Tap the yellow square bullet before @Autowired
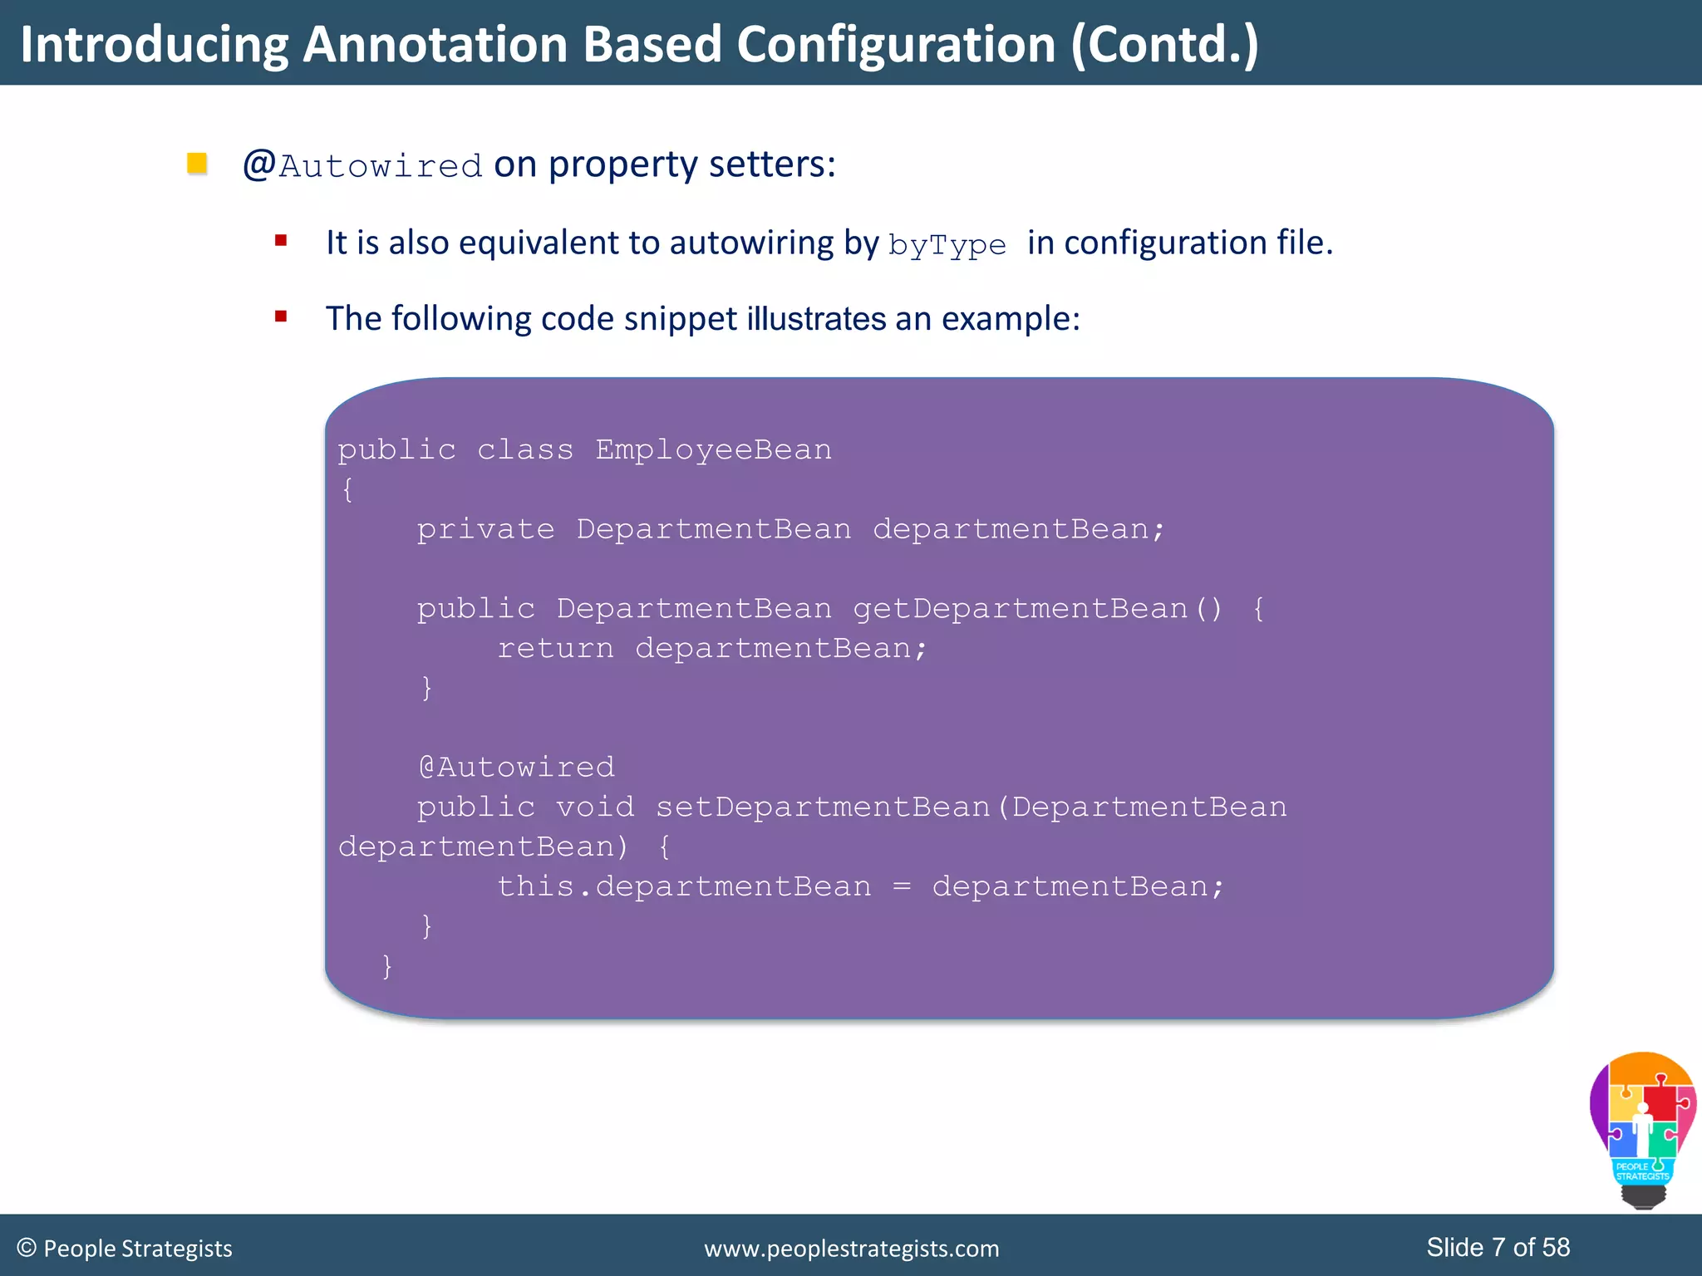(197, 163)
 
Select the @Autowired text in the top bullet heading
(362, 165)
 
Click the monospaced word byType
(947, 245)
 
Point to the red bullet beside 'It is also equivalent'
(281, 241)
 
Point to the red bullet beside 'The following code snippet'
(281, 317)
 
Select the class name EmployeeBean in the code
(713, 449)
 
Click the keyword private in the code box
(485, 529)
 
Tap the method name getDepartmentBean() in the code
(1037, 609)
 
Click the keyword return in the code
(555, 648)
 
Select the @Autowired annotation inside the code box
(517, 767)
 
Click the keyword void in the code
(594, 807)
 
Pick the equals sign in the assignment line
(902, 887)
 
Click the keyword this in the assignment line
(535, 886)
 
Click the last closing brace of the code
(386, 965)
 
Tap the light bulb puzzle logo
(1642, 1128)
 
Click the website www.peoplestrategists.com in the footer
(851, 1249)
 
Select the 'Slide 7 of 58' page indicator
(1498, 1247)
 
